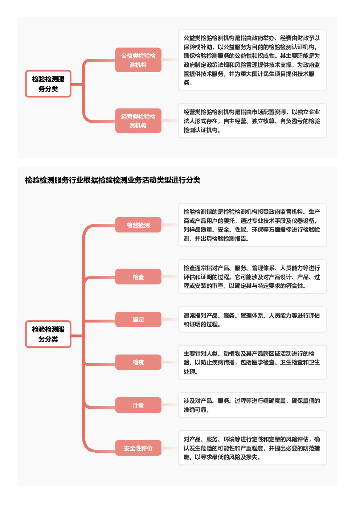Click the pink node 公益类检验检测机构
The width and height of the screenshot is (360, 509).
[138, 60]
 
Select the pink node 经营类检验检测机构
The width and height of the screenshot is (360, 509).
[138, 121]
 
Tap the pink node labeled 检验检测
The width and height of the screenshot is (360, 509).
[138, 225]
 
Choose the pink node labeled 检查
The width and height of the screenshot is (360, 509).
[138, 276]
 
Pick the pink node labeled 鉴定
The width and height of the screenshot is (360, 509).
[138, 319]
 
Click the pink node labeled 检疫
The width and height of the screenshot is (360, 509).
[138, 362]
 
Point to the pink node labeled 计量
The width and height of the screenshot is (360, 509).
[138, 405]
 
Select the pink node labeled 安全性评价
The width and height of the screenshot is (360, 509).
[138, 448]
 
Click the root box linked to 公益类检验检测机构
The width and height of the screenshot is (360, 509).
[48, 84]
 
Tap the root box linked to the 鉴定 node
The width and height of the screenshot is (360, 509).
[48, 334]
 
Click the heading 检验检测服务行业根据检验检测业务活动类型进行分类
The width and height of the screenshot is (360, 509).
[112, 180]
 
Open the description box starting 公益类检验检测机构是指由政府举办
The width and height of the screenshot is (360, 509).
[252, 60]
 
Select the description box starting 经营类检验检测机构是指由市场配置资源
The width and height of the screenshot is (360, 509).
[252, 121]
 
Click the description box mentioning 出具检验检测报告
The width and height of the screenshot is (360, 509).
[252, 225]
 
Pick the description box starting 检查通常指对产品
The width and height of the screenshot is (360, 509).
[252, 276]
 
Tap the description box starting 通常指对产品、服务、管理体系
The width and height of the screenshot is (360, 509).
[252, 319]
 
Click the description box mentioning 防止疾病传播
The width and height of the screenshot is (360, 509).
[252, 362]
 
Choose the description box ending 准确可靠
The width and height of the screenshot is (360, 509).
[252, 405]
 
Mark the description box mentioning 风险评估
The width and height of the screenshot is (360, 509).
[252, 448]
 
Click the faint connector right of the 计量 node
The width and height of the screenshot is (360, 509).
[170, 405]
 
